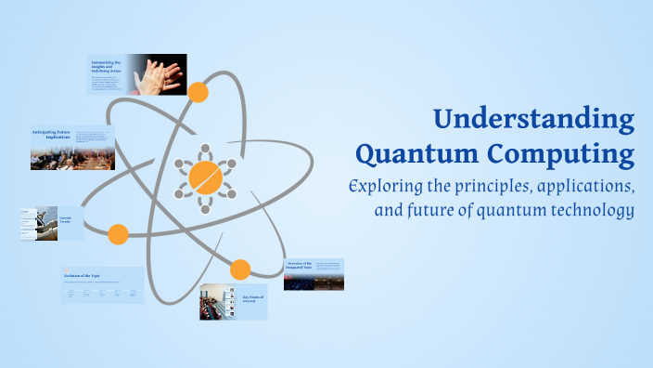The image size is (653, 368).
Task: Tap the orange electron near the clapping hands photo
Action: (198, 92)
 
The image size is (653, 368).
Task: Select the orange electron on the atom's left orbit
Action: (118, 234)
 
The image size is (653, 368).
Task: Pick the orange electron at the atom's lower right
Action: (240, 270)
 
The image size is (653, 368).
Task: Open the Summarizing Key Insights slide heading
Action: (108, 66)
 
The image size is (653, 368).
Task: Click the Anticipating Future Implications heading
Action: (52, 136)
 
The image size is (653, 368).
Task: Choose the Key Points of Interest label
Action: (253, 299)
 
